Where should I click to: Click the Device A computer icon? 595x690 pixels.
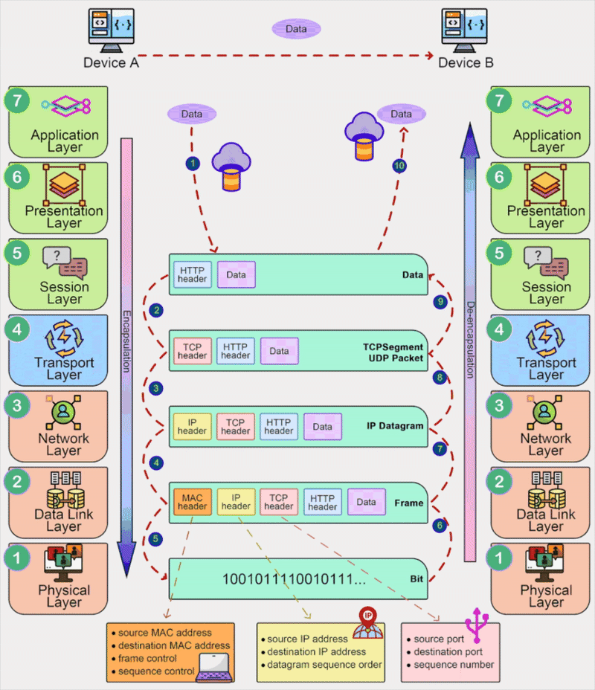[112, 30]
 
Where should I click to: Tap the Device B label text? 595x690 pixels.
[466, 63]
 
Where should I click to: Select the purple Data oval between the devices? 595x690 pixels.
[296, 29]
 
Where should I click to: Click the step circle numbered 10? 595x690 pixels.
[399, 166]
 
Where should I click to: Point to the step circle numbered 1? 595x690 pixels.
[193, 164]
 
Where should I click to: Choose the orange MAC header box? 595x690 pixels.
[193, 502]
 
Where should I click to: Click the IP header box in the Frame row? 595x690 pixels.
[236, 502]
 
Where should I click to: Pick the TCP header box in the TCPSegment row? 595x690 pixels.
[193, 351]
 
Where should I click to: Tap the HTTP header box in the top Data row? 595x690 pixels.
[193, 274]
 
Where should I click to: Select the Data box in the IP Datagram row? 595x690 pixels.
[323, 427]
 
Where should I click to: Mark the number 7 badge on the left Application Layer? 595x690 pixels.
[17, 101]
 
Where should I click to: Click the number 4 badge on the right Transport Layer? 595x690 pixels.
[499, 329]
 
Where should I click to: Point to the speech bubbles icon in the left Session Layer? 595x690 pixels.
[65, 262]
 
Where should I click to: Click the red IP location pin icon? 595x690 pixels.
[368, 622]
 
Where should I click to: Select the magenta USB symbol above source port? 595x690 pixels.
[477, 625]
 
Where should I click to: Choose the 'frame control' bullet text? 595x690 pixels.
[147, 658]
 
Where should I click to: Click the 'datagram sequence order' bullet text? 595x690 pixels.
[324, 665]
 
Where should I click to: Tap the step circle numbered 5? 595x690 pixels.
[155, 539]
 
